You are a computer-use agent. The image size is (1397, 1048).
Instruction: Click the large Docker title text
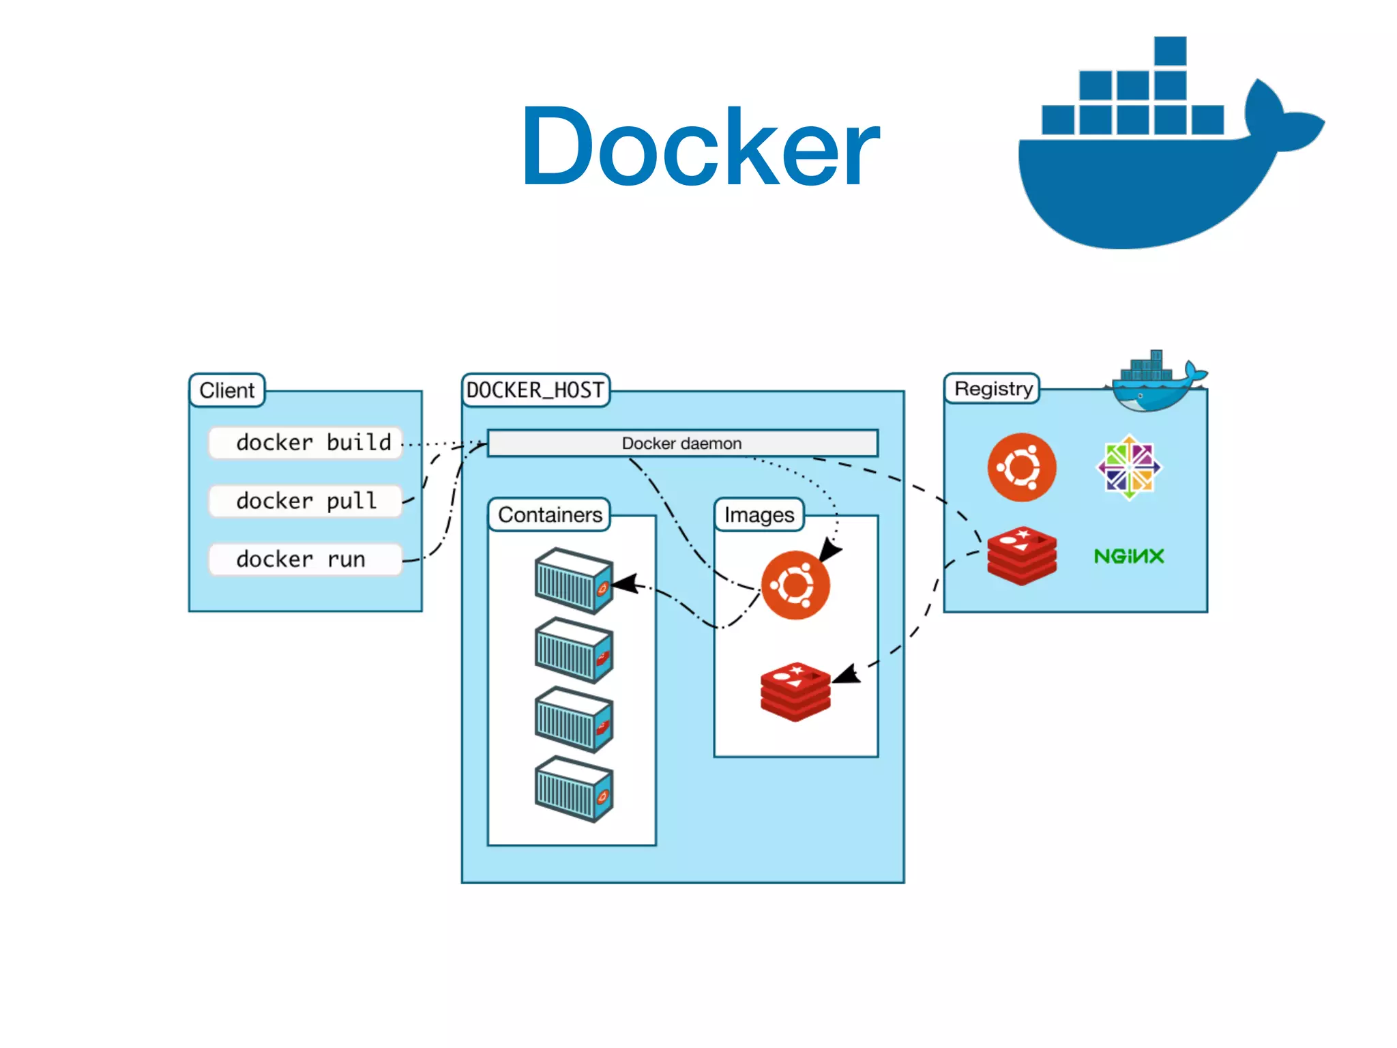pyautogui.click(x=700, y=147)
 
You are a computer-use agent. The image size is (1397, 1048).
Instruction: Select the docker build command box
pyautogui.click(x=306, y=443)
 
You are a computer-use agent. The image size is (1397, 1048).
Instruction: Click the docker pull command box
pyautogui.click(x=306, y=501)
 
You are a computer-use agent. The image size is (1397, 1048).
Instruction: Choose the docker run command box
pyautogui.click(x=306, y=559)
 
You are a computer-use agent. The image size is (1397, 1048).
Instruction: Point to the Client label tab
pyautogui.click(x=226, y=390)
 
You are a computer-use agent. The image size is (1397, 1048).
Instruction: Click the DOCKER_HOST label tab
pyautogui.click(x=535, y=390)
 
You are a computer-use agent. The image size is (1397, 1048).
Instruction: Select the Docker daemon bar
pyautogui.click(x=682, y=443)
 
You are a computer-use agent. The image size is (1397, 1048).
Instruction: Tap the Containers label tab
pyautogui.click(x=550, y=514)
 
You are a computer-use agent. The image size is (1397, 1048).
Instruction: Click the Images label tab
pyautogui.click(x=759, y=514)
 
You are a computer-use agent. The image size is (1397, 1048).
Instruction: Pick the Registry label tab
pyautogui.click(x=992, y=389)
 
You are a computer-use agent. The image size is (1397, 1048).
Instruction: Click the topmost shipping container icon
pyautogui.click(x=573, y=581)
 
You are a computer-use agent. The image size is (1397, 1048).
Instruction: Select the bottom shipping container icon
pyautogui.click(x=573, y=789)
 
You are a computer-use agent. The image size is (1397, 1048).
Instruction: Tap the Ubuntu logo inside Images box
pyautogui.click(x=795, y=585)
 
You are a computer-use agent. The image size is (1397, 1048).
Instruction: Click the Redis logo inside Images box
pyautogui.click(x=795, y=690)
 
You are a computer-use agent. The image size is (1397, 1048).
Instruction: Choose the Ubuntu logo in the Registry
pyautogui.click(x=1021, y=467)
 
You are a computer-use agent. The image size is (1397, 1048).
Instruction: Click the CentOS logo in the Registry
pyautogui.click(x=1129, y=467)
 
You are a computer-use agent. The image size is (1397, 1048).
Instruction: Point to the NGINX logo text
pyautogui.click(x=1129, y=556)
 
